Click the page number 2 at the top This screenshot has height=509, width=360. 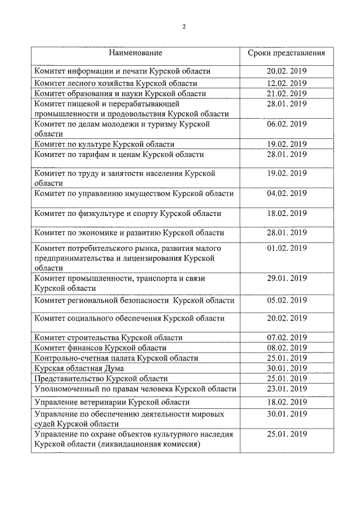click(184, 26)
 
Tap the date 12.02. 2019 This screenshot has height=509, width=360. click(287, 83)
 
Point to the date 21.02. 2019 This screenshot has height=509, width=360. click(287, 93)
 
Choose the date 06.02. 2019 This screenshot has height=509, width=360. click(287, 124)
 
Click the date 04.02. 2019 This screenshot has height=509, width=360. click(287, 193)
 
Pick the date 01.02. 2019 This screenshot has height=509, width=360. click(287, 248)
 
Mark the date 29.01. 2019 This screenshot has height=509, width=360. click(287, 278)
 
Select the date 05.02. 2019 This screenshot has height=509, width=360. click(287, 300)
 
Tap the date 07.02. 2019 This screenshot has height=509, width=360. click(287, 337)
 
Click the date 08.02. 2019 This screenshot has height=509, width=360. click(287, 348)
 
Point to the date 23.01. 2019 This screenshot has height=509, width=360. click(287, 389)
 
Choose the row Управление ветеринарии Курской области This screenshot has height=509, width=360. click(112, 402)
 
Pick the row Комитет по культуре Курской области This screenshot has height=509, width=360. click(104, 144)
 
